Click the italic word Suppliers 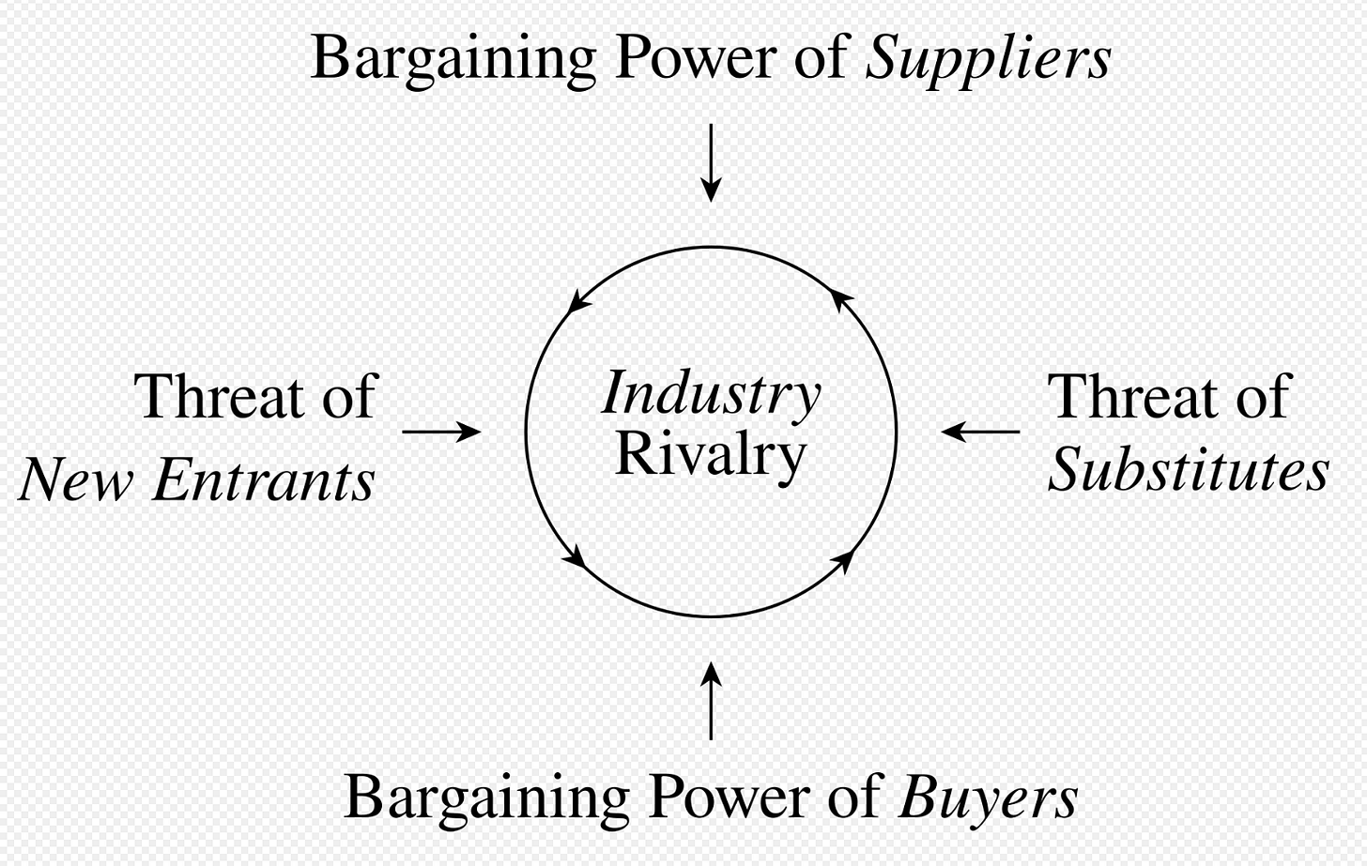point(987,59)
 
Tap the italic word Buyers point(988,798)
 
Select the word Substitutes point(1188,470)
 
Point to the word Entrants point(264,480)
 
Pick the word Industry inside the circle point(711,394)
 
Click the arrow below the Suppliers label point(711,161)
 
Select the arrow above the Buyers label point(711,700)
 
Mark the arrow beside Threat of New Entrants point(441,432)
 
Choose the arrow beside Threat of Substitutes point(980,432)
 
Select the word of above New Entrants point(348,397)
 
